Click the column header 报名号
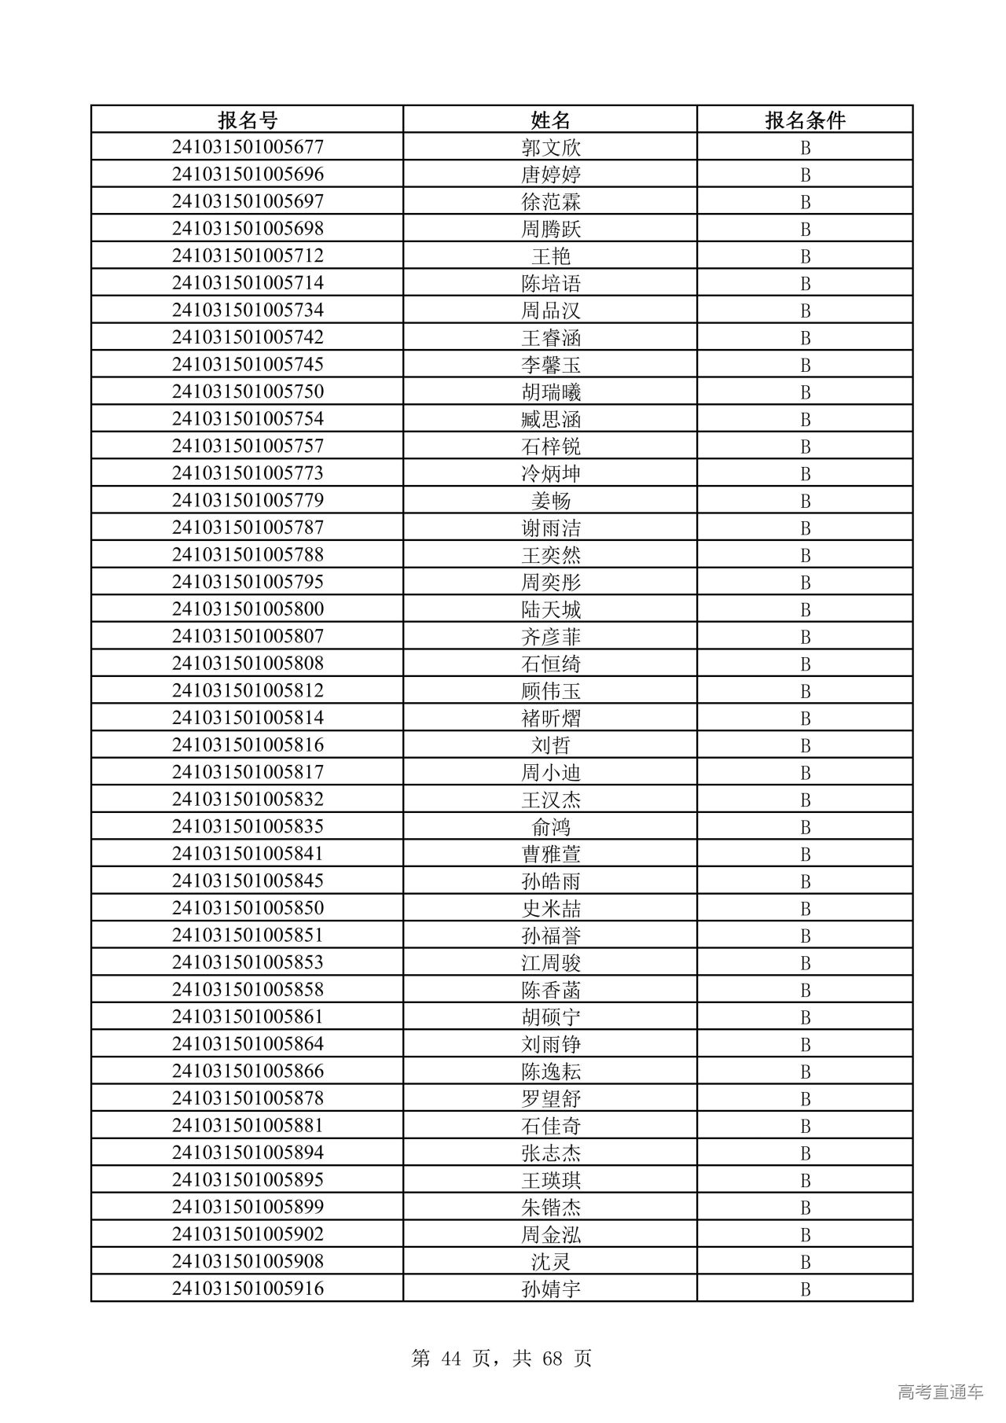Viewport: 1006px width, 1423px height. coord(248,120)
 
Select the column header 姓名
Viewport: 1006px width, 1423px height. coord(550,120)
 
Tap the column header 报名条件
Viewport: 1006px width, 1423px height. coord(805,120)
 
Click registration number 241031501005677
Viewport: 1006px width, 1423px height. coord(248,147)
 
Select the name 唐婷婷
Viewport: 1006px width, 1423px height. coord(550,175)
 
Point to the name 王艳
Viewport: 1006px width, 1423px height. coord(550,256)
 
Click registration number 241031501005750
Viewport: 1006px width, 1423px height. coord(248,392)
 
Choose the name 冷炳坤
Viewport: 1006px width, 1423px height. coord(550,473)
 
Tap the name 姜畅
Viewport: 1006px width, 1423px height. coord(550,501)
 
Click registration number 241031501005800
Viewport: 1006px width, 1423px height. coord(248,609)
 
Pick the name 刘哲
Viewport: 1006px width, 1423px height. coord(550,745)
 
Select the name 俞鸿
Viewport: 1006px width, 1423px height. coord(550,827)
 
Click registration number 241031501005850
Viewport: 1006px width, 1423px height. coord(248,908)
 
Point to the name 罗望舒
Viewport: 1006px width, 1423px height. coord(550,1098)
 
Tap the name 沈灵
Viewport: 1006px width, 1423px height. coord(550,1262)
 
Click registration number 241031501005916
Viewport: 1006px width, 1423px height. coord(248,1289)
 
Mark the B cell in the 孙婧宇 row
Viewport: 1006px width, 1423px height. coord(805,1289)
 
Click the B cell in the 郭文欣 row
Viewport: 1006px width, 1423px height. coord(805,148)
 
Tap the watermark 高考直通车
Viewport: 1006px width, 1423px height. coord(940,1392)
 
